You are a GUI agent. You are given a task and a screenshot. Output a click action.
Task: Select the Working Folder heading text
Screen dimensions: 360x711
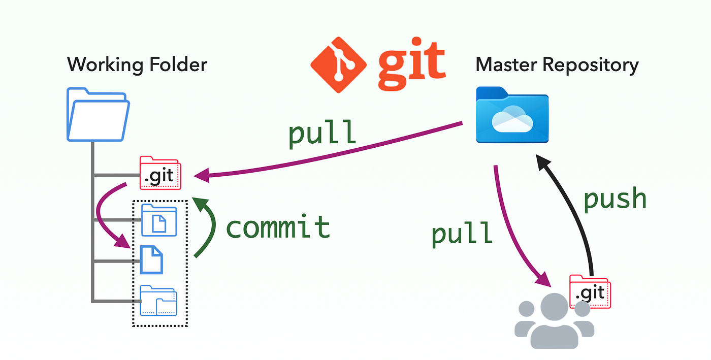[x=137, y=65]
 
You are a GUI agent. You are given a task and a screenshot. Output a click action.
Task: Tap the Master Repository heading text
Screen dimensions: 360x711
[x=557, y=65]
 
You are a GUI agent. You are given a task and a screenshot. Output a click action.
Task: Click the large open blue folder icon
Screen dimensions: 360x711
[x=98, y=115]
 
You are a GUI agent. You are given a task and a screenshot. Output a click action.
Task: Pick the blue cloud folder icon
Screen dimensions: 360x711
[x=512, y=116]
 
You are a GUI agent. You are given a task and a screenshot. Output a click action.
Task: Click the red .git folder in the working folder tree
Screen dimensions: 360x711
[x=159, y=173]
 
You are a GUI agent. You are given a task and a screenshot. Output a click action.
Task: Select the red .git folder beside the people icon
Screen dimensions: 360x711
[x=590, y=291]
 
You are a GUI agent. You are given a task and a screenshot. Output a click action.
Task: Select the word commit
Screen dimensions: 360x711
[x=278, y=226]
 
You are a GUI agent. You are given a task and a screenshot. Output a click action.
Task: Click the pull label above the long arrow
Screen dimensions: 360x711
[x=322, y=134]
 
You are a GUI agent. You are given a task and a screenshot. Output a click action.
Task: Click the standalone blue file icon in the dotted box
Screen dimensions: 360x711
[x=151, y=259]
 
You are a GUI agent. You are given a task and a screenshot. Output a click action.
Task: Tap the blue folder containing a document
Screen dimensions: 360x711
[x=159, y=220]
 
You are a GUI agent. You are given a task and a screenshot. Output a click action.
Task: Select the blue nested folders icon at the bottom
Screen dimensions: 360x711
[x=159, y=301]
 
